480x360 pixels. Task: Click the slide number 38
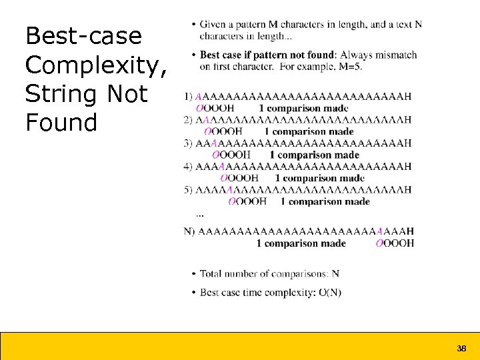coord(461,349)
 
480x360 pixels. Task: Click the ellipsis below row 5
coord(201,215)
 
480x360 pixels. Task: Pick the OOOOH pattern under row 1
coord(215,108)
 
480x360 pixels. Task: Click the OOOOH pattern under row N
coord(395,243)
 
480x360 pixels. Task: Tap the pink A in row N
coord(379,231)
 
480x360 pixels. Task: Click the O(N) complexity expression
coord(328,293)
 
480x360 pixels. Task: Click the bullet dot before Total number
coord(193,274)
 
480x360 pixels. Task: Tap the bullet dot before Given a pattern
coord(193,25)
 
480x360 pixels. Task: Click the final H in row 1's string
coord(407,97)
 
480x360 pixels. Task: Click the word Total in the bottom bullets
coord(211,274)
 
